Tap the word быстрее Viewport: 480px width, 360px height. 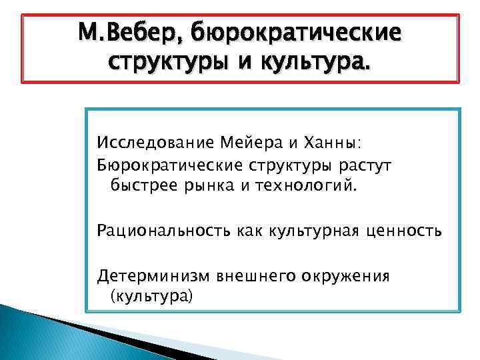click(x=141, y=185)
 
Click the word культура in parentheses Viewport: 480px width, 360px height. click(x=149, y=295)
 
